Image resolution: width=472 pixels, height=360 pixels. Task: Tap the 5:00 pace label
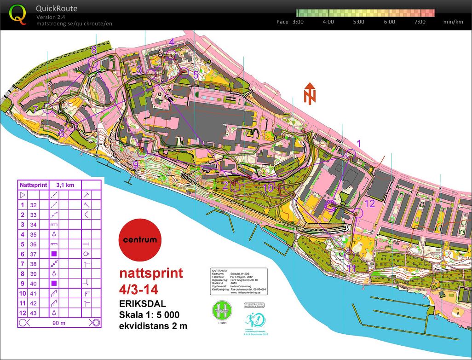(359, 22)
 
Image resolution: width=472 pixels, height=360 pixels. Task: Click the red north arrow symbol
(310, 93)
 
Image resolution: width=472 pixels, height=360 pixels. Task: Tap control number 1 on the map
(359, 143)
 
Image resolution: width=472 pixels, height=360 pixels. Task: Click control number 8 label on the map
(94, 50)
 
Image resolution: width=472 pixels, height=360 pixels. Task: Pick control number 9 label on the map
(135, 164)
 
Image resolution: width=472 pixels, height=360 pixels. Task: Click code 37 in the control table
(33, 254)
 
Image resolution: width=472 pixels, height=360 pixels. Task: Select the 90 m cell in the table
(58, 323)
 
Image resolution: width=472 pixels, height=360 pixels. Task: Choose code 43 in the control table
(33, 313)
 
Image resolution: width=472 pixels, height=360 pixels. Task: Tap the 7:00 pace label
(419, 22)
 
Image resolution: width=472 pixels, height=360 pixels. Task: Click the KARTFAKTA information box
(238, 281)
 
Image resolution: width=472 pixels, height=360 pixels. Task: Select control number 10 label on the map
(268, 187)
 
